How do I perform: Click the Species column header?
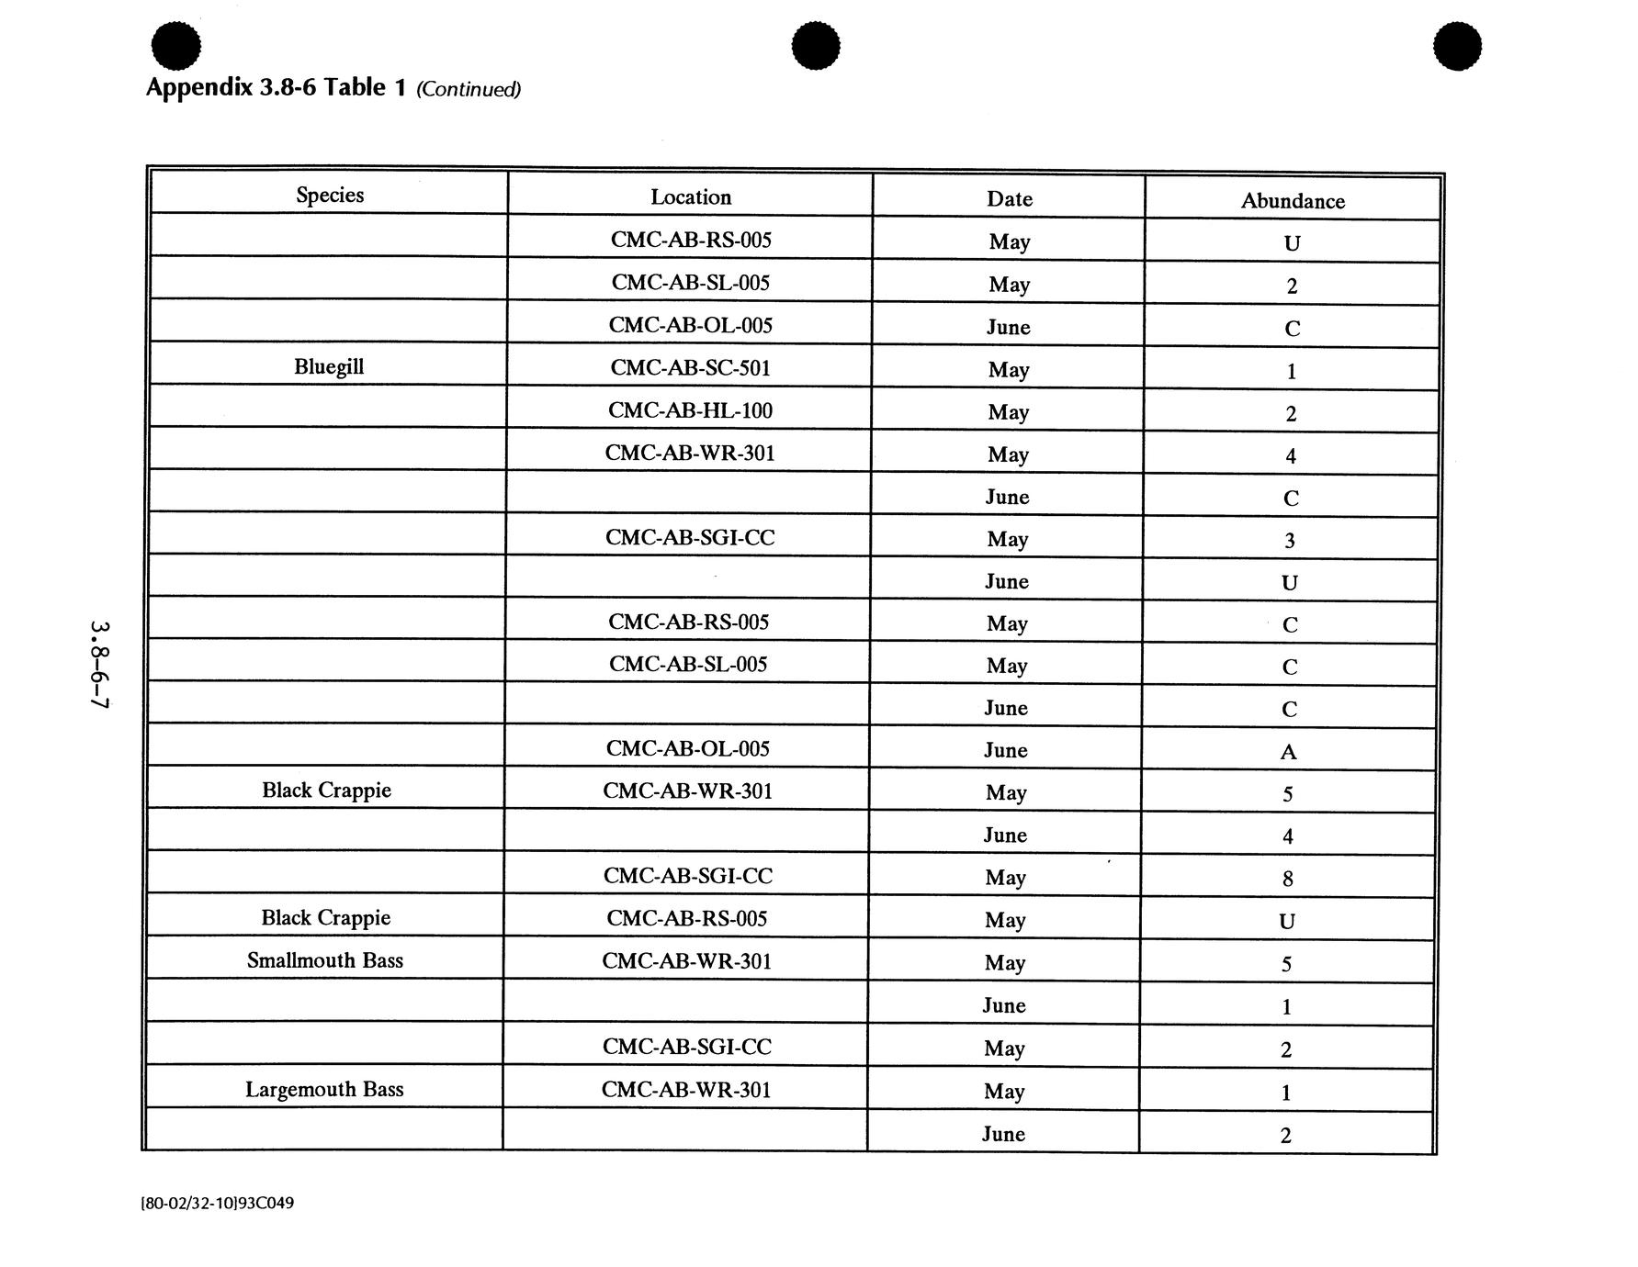tap(330, 195)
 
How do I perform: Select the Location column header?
tap(691, 197)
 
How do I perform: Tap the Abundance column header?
tap(1293, 201)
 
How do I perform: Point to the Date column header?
tap(1010, 199)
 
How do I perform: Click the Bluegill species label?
tap(329, 366)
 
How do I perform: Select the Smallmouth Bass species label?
tap(325, 960)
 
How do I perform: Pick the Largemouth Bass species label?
tap(324, 1090)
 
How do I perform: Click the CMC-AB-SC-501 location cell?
tap(690, 368)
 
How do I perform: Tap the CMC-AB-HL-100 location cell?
tap(690, 410)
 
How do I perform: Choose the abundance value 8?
tap(1287, 879)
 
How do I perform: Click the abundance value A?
tap(1288, 752)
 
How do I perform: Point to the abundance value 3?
tap(1289, 541)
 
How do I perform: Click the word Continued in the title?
tap(469, 89)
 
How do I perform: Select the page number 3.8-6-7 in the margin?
tap(99, 665)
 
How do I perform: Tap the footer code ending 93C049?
tap(218, 1203)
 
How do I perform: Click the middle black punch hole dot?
tap(815, 46)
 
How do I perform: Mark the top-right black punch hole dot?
tap(1457, 46)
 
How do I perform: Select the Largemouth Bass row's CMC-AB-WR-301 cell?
tap(686, 1090)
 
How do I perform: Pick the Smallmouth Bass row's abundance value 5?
tap(1286, 964)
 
